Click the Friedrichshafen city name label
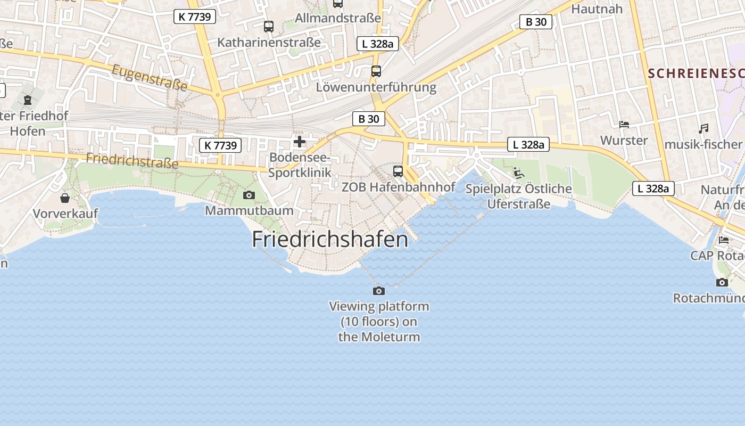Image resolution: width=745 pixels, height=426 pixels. (x=330, y=239)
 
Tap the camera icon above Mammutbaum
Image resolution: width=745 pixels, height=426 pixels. (x=249, y=195)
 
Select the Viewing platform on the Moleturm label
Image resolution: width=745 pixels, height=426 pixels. (x=379, y=322)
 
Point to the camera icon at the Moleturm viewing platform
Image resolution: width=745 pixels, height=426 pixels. (x=379, y=291)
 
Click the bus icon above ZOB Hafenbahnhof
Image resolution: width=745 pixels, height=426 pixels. (x=398, y=171)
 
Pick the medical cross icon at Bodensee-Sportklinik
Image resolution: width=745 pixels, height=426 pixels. (x=300, y=142)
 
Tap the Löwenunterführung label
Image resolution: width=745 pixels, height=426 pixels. (x=376, y=87)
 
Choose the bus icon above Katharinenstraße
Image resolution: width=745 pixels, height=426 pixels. (x=269, y=26)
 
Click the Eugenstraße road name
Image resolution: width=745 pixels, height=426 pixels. (x=150, y=77)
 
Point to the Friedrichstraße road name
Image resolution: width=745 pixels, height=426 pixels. (x=132, y=160)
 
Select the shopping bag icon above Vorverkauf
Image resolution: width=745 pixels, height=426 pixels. (x=65, y=198)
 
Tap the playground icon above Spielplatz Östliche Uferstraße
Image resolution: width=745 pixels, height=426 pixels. (x=518, y=173)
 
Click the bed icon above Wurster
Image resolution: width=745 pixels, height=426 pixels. (x=624, y=125)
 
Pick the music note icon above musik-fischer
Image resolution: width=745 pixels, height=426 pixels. (x=703, y=129)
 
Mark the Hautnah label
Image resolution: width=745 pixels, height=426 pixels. (x=597, y=9)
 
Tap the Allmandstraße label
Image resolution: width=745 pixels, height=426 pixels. (x=338, y=18)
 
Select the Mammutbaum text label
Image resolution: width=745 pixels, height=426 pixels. (x=249, y=210)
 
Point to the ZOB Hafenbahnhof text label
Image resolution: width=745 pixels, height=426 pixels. (x=398, y=187)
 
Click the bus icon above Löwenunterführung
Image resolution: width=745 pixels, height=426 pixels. (x=376, y=71)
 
